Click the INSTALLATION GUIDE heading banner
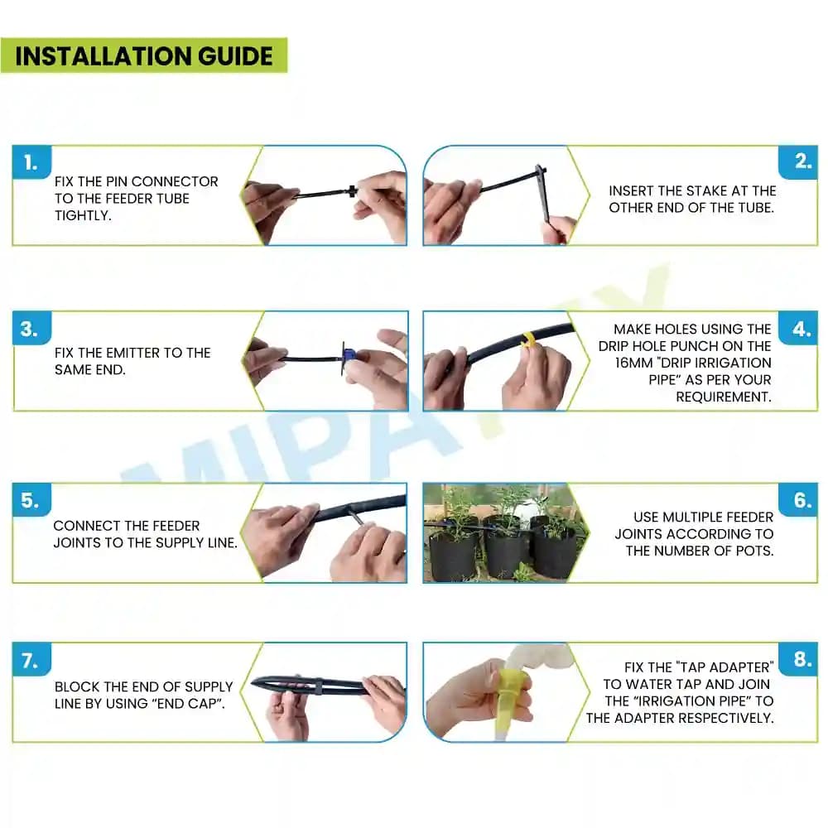click(144, 55)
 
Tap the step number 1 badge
click(31, 163)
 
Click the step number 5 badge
click(31, 501)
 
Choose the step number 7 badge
click(31, 661)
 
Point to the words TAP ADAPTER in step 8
click(724, 667)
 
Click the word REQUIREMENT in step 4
click(723, 397)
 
